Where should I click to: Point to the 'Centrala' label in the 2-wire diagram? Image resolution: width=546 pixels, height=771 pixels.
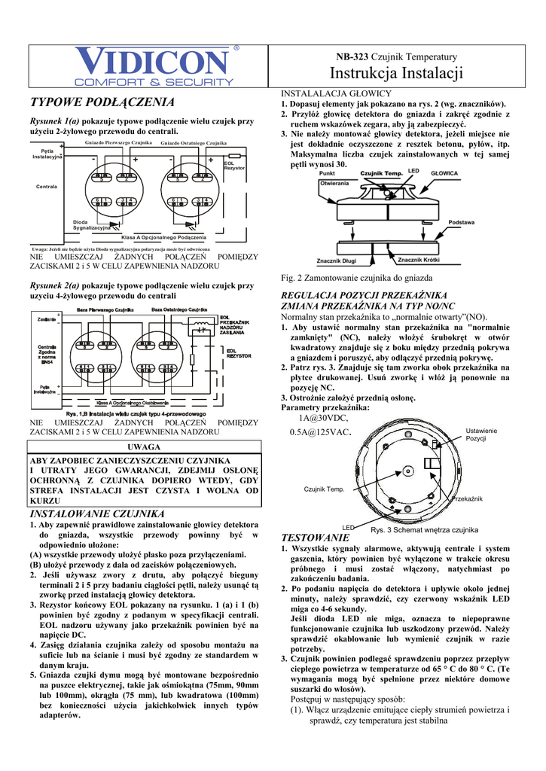coord(47,186)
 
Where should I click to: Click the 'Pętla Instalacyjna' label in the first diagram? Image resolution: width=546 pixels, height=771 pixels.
coord(47,154)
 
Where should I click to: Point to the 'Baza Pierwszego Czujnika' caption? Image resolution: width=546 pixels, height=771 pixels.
coord(105,310)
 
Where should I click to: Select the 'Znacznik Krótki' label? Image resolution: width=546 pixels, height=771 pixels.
coord(419,260)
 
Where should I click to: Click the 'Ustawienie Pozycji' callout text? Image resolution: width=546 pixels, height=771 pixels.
coord(481,434)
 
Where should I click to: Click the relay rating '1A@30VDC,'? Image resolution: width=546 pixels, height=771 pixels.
coord(323,418)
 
